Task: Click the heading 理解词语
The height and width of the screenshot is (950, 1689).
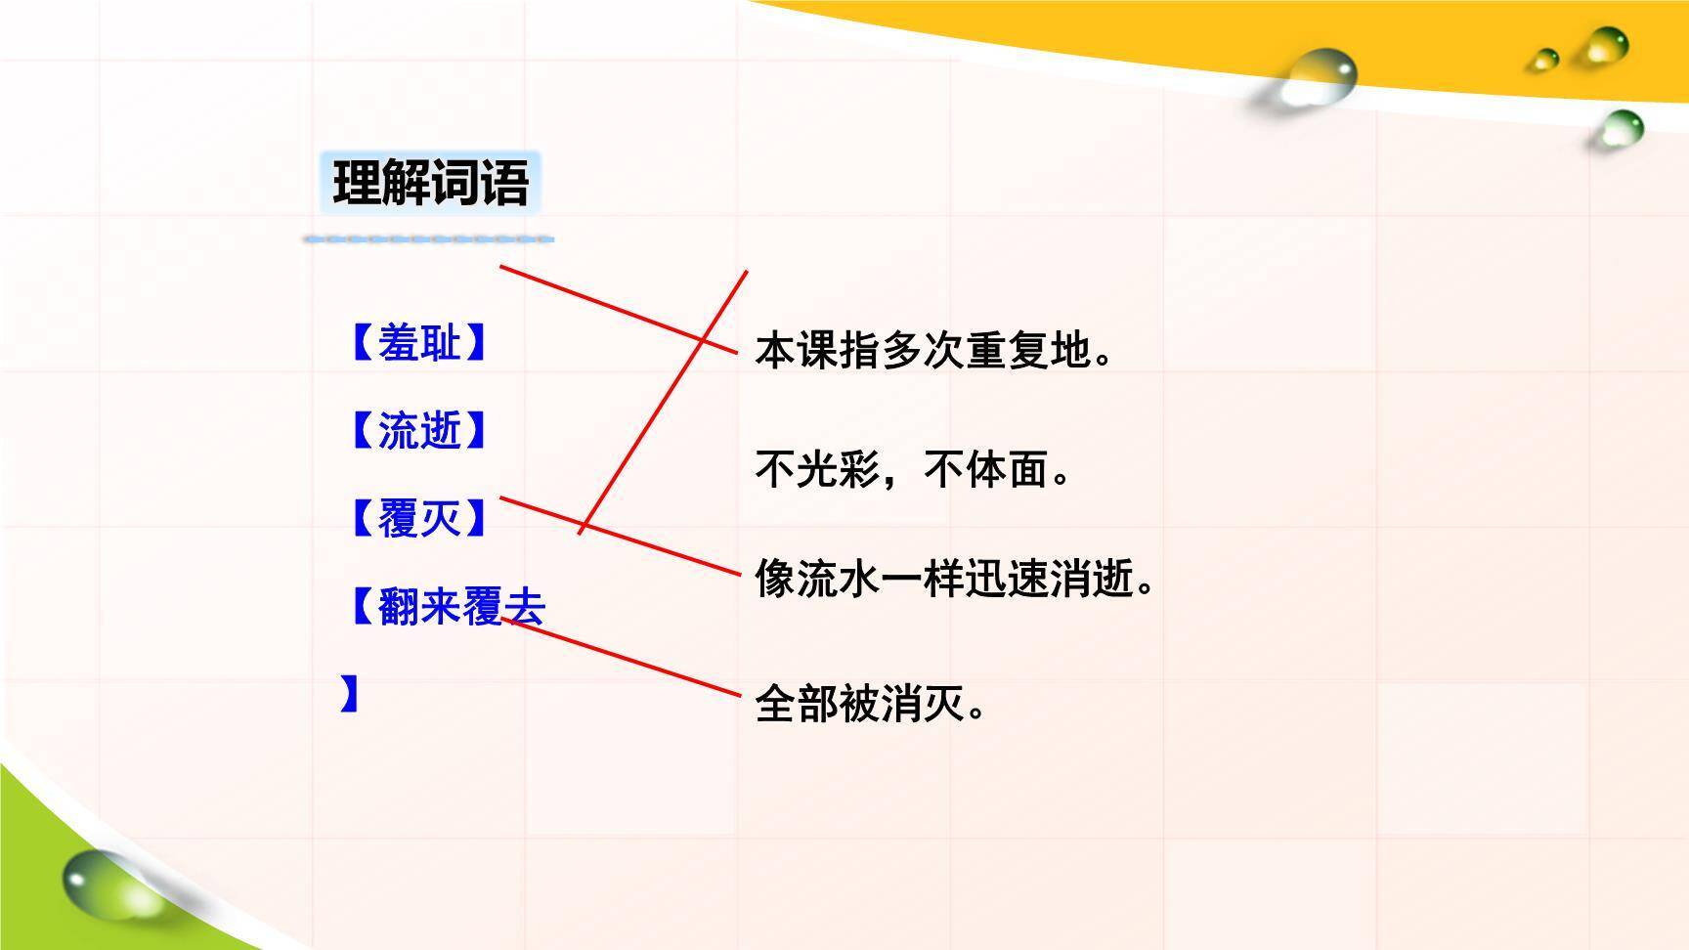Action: pyautogui.click(x=430, y=183)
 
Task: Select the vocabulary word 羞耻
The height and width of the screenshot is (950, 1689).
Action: pyautogui.click(x=418, y=343)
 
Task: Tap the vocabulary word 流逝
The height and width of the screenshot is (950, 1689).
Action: pyautogui.click(x=418, y=430)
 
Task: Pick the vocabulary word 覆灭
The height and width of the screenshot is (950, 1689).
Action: pyautogui.click(x=418, y=518)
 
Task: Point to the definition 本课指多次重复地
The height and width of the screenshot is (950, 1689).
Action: pyautogui.click(x=933, y=350)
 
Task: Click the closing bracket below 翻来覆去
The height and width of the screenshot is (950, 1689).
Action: pyautogui.click(x=350, y=694)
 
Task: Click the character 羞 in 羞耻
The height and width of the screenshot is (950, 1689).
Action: pyautogui.click(x=398, y=343)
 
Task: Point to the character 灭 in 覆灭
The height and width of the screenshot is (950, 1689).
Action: pyautogui.click(x=440, y=518)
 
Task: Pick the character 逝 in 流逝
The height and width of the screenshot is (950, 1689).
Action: pyautogui.click(x=440, y=430)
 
